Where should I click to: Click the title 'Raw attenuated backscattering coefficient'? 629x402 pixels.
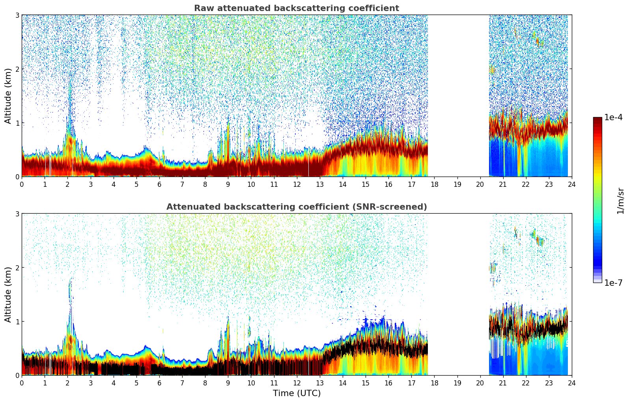296,8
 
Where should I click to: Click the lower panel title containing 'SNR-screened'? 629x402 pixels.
296,207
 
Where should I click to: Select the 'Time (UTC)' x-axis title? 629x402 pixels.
297,393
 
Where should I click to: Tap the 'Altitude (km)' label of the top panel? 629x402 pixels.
8,96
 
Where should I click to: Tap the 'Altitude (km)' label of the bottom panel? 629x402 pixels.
8,294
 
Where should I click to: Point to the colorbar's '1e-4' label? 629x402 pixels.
613,117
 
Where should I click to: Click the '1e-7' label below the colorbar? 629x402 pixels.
613,283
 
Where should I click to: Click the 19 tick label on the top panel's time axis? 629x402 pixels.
457,184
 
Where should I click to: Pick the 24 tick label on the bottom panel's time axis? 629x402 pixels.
571,383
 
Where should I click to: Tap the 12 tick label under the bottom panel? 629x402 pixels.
297,383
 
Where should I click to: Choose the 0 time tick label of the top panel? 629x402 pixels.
22,184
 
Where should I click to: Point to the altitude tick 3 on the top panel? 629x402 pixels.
17,15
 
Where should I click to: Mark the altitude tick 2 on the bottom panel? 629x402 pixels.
17,268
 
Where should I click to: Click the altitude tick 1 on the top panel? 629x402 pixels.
17,123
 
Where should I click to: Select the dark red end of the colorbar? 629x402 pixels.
597,120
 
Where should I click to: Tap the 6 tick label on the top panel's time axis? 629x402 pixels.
159,184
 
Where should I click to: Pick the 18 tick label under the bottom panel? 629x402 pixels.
434,383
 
